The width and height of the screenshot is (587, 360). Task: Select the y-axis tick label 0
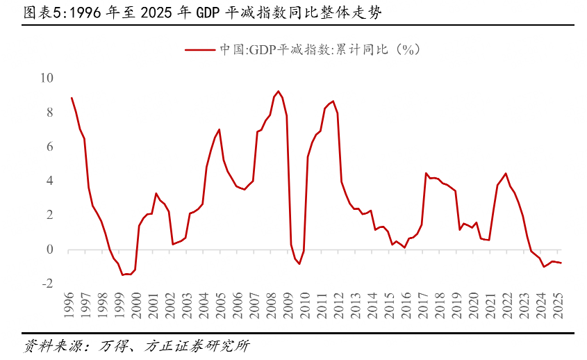coord(50,249)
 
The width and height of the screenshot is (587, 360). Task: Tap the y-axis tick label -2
coord(47,284)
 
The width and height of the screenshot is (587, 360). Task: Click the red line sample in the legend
coord(200,49)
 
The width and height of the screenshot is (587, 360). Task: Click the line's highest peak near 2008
coord(279,91)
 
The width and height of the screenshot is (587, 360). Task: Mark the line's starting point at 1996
coord(72,98)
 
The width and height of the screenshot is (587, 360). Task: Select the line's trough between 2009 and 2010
coord(299,264)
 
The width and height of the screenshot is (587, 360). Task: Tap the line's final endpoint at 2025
coord(561,263)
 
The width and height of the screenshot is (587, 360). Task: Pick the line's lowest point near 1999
coord(122,275)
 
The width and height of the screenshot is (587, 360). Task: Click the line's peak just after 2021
coord(506,174)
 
